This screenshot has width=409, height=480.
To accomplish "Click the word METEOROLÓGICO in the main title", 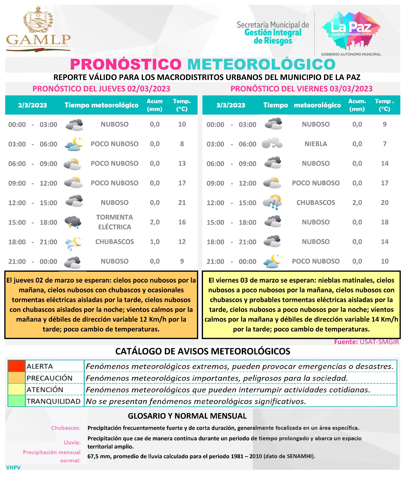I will coord(261,64).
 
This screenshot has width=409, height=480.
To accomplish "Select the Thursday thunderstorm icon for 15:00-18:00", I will coord(73,222).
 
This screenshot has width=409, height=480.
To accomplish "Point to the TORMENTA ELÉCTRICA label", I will coord(114,222).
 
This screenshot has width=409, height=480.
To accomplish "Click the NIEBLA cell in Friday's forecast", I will coord(316,144).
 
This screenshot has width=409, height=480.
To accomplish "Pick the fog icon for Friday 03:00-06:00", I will coord(272,143).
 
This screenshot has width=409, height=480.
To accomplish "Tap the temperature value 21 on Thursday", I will coord(182,203).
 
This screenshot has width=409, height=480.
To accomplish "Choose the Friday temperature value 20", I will coord(384,203).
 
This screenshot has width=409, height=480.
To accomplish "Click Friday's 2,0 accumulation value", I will coord(357,203).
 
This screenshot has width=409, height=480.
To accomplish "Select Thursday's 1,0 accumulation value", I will coord(155,242).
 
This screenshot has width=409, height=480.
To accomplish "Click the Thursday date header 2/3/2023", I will coord(32,105).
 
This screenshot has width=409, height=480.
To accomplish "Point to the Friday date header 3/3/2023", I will coord(231,105).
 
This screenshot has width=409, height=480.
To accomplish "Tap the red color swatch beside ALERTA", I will coord(17,366).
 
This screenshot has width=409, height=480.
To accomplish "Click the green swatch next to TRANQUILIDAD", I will coord(17,401).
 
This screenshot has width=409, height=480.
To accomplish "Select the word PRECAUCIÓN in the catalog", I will coord(50,378).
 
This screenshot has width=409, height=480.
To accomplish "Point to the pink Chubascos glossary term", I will coord(66,428).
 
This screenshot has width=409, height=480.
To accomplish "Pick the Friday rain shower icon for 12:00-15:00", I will coord(272,202).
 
